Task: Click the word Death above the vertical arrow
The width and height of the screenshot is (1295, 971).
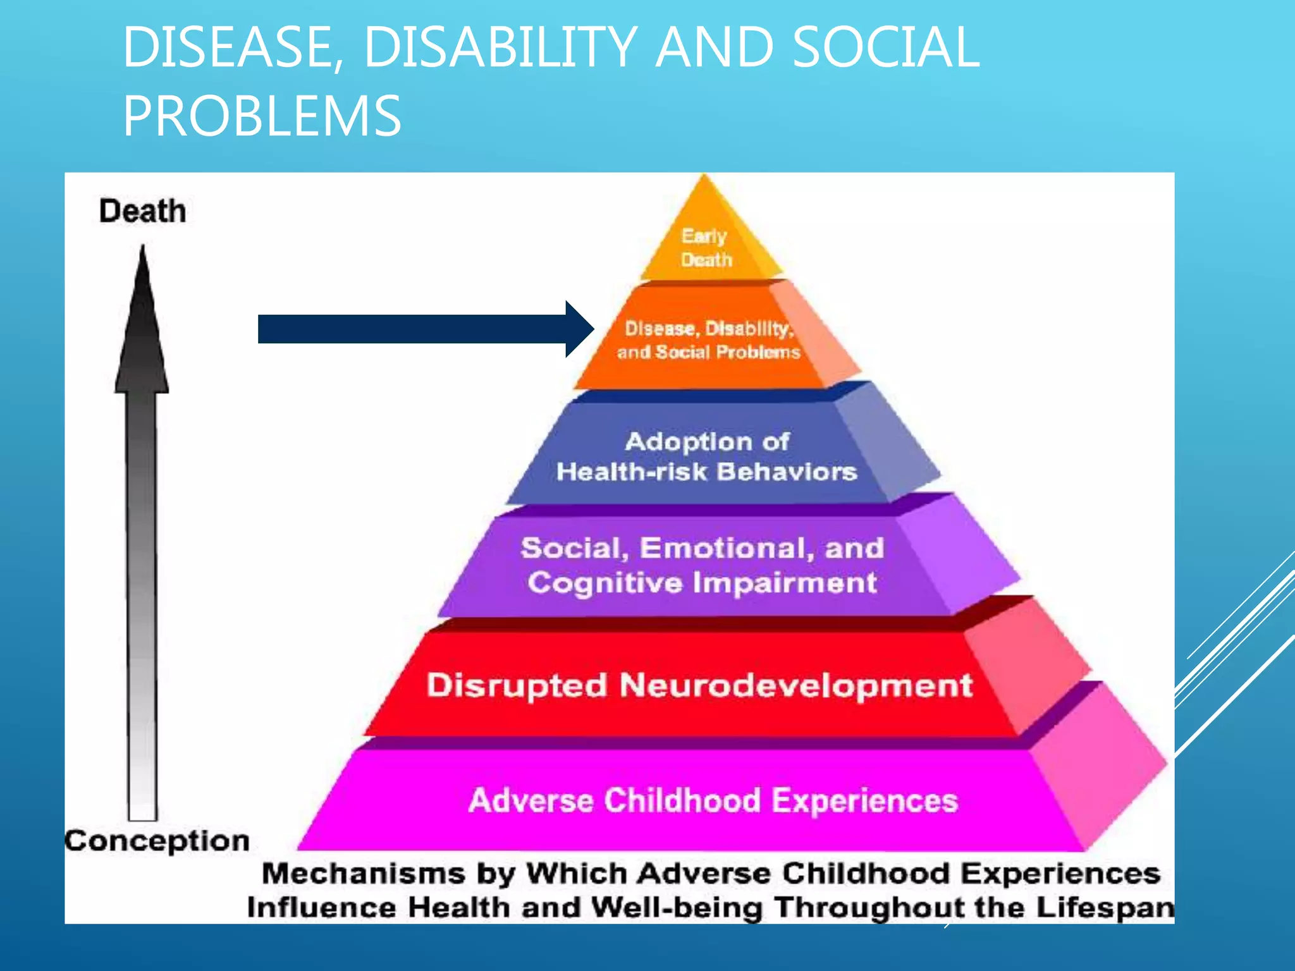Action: tap(142, 211)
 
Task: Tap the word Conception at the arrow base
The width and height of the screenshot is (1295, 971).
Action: tap(157, 841)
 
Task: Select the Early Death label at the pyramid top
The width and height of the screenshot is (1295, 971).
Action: tap(706, 248)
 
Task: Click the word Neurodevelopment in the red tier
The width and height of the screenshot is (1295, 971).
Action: tap(795, 686)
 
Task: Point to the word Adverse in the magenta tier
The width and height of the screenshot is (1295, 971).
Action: tap(531, 800)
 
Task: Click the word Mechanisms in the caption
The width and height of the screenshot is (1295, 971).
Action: tap(364, 874)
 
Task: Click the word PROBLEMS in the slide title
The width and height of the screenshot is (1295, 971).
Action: tap(262, 116)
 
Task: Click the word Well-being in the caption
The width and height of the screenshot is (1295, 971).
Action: tap(677, 908)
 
